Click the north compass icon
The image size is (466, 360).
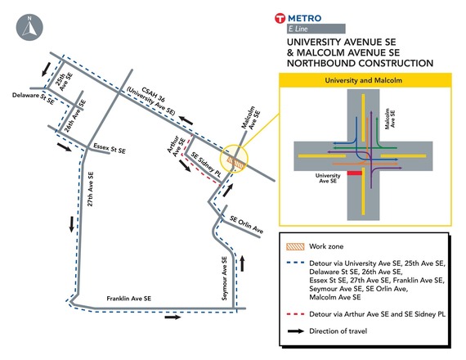[x=26, y=26]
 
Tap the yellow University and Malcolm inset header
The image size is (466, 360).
[x=365, y=80]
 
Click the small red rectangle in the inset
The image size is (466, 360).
[x=353, y=173]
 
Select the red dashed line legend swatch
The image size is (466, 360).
[x=304, y=313]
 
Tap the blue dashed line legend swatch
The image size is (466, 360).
[x=304, y=263]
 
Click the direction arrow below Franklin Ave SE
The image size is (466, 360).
[x=173, y=317]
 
